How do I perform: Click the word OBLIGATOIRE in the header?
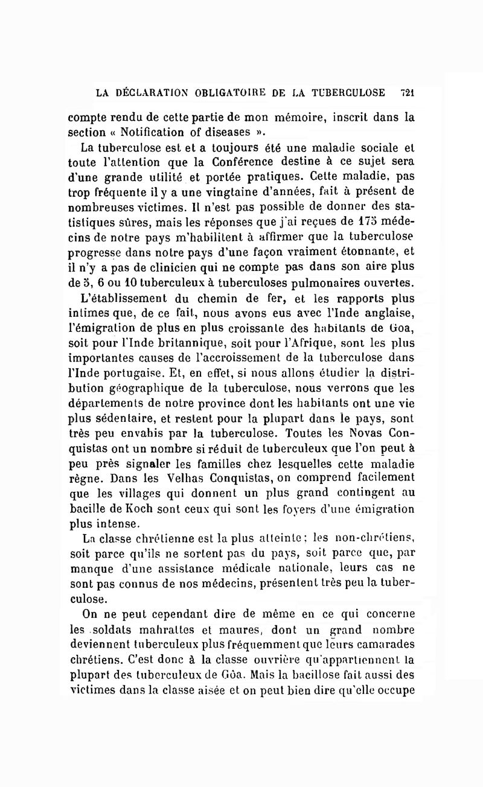(x=228, y=93)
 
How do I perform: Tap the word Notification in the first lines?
(x=159, y=132)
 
